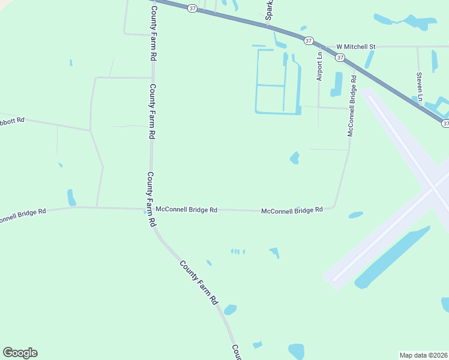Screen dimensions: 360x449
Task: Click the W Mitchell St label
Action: (355, 46)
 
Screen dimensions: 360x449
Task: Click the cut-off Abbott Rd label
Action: (12, 119)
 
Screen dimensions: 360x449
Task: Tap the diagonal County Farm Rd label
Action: (197, 283)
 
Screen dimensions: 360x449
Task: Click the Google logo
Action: (20, 353)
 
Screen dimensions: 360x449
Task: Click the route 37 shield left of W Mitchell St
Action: (308, 40)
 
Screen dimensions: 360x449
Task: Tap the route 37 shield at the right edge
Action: (445, 123)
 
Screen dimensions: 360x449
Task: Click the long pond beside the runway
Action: (392, 258)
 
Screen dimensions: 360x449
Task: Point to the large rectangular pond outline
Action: (278, 83)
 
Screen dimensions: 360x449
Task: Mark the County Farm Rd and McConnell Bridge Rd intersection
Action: (151, 209)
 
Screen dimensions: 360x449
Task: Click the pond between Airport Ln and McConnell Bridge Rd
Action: (336, 83)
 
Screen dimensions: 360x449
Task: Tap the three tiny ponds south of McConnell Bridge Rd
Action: (238, 251)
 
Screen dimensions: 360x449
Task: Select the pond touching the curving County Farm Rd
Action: (230, 310)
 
